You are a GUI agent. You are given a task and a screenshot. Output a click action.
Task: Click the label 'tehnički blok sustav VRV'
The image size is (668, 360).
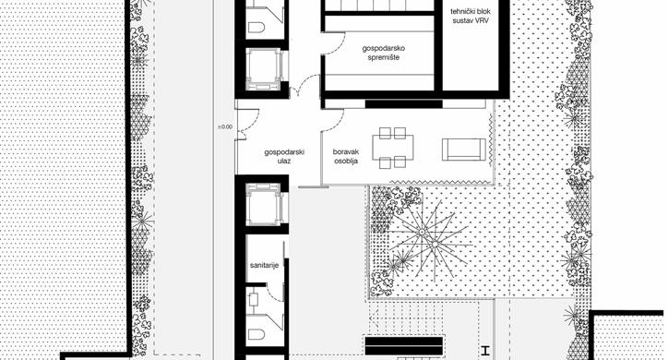(x=470, y=16)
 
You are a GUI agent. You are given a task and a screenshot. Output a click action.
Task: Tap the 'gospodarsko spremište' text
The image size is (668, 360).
(x=384, y=53)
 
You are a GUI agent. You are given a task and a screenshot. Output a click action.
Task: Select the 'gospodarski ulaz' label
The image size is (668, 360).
(x=284, y=156)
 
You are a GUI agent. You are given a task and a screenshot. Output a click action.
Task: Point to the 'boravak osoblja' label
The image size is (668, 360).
(x=345, y=156)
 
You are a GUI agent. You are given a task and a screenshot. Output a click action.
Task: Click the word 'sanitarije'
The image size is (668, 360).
(x=264, y=266)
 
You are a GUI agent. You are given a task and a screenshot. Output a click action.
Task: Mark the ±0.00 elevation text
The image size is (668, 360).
(x=225, y=126)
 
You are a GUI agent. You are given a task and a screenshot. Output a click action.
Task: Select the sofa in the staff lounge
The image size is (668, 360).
(x=464, y=150)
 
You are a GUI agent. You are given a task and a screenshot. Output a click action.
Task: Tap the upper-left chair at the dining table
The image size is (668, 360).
(x=385, y=133)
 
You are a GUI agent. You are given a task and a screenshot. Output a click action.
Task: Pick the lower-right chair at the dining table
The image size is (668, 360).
(x=400, y=162)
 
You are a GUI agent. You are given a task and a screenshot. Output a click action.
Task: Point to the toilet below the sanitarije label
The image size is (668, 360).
(x=256, y=334)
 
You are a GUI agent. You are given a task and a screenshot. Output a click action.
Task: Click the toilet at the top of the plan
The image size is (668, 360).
(x=256, y=28)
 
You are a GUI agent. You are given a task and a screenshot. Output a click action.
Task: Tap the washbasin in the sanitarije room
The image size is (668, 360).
(x=254, y=299)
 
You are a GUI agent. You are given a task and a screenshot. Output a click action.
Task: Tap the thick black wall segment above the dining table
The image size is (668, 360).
(x=404, y=104)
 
